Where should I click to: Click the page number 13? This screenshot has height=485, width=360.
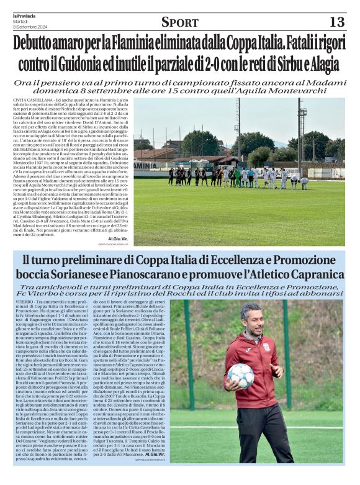[x=336, y=22]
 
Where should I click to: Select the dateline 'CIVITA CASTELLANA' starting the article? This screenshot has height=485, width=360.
[x=32, y=101]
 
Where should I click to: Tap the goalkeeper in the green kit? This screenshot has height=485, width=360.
[x=236, y=177]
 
